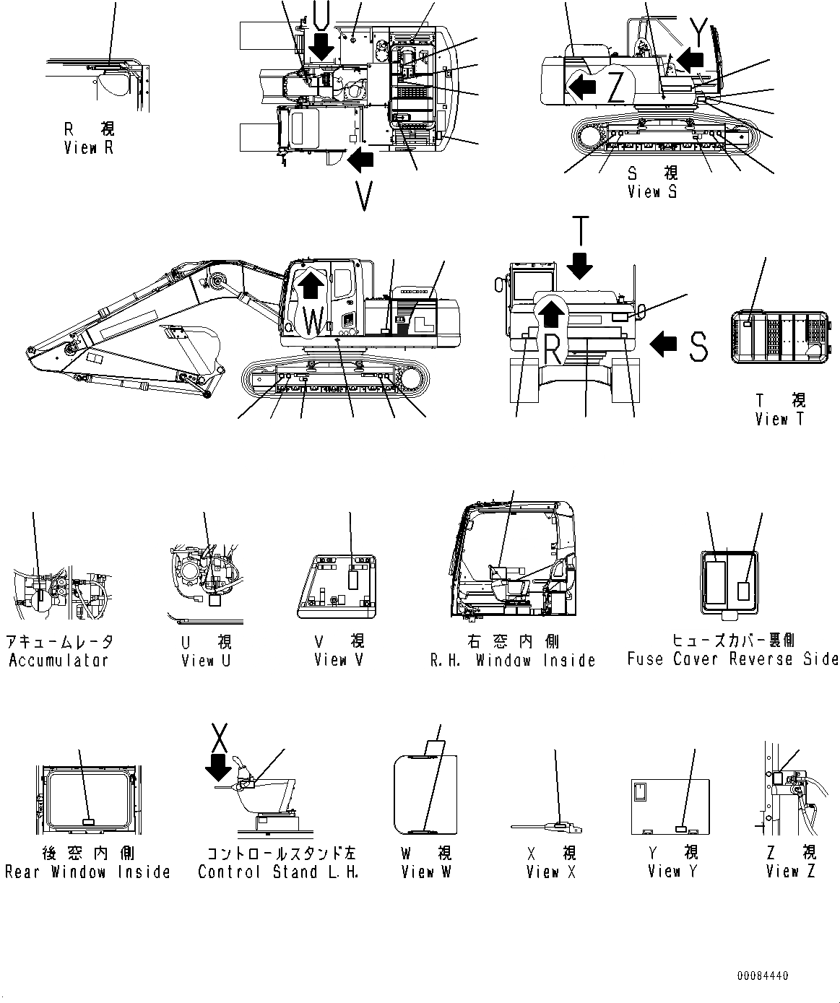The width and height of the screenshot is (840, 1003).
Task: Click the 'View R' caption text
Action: point(88,148)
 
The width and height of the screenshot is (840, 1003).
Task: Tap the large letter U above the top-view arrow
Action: point(323,12)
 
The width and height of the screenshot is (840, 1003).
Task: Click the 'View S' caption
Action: point(652,192)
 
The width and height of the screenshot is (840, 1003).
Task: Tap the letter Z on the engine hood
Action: point(615,88)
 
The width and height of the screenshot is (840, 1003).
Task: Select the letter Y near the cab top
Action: point(698,31)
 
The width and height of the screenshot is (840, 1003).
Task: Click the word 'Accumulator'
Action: point(59,661)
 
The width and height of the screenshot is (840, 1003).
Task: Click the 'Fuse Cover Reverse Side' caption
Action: point(732,659)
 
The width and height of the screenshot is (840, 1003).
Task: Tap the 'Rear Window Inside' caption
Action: point(87,872)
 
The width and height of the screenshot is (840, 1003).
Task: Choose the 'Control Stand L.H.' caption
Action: point(278,872)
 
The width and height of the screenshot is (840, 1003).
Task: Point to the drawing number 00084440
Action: point(763,976)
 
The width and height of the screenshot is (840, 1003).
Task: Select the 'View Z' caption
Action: point(790,872)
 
